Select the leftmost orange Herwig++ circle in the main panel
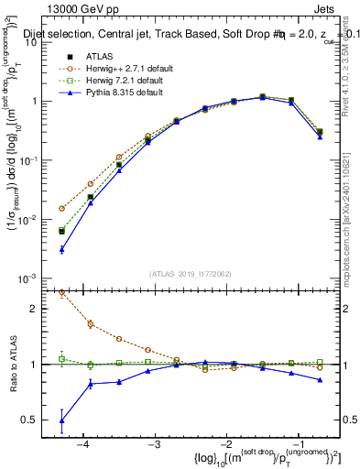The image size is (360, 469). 62,209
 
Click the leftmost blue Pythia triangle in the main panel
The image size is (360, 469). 62,249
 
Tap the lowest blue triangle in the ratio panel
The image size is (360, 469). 62,420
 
